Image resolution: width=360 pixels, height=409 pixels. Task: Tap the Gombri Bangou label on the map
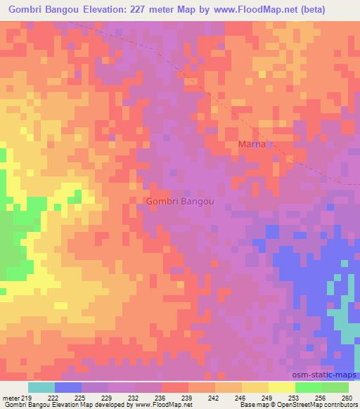click(179, 200)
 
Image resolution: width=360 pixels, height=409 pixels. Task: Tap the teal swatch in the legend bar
click(41, 387)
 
